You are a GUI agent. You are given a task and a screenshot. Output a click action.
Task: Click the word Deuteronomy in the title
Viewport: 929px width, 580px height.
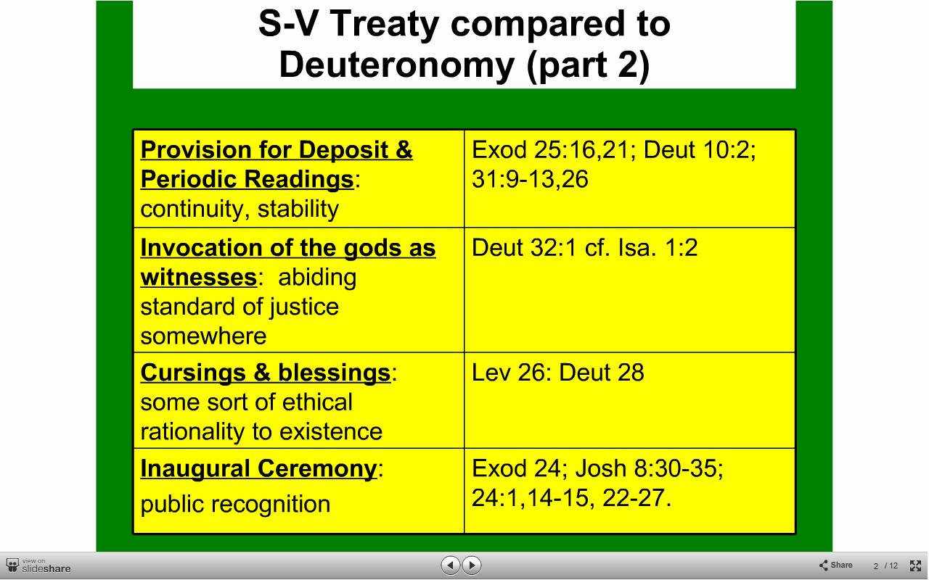point(397,65)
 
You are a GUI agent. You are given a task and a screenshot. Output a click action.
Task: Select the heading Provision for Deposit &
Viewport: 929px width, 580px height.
point(277,149)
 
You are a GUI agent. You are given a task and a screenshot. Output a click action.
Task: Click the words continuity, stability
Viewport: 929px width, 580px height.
point(240,208)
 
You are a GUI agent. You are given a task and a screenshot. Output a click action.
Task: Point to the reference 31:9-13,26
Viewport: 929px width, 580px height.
point(530,179)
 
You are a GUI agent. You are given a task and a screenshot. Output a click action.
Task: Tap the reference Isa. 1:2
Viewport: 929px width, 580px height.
point(658,248)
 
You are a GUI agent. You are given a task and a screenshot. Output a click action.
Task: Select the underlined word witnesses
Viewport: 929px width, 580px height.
point(199,277)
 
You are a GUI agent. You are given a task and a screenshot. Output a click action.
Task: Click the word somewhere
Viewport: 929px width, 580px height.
point(203,336)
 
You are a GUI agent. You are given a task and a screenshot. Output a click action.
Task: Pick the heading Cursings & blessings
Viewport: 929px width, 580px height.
point(266,373)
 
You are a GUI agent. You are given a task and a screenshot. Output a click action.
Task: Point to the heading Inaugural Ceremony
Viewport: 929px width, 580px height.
point(259,468)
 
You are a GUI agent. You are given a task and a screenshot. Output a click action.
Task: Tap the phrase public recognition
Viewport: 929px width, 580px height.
point(235,504)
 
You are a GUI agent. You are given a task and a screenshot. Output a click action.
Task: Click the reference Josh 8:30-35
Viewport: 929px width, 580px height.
point(649,468)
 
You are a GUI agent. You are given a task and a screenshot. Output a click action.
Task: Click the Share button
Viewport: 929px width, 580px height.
point(835,565)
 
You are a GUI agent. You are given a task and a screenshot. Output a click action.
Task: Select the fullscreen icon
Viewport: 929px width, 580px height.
point(915,565)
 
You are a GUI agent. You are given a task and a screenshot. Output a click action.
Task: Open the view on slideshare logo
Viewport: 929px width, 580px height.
point(38,565)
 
